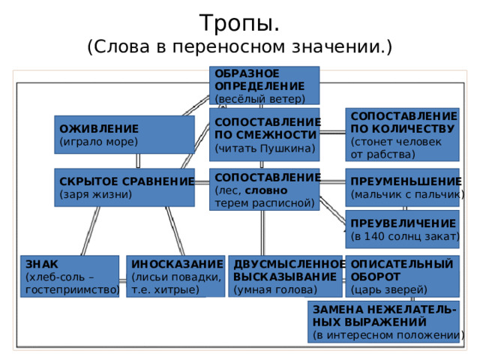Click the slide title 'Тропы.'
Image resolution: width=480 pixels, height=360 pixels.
[x=240, y=22]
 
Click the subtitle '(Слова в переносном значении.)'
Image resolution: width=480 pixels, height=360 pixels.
[x=240, y=47]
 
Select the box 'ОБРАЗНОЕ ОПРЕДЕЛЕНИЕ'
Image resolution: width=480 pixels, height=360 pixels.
[x=264, y=85]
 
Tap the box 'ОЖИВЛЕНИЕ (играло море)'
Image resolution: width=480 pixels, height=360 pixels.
[x=123, y=133]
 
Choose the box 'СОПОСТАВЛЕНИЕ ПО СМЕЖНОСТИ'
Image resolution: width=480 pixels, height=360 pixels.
[x=264, y=134]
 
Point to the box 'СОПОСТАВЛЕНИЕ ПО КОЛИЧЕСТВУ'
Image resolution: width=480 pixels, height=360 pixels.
[x=402, y=135]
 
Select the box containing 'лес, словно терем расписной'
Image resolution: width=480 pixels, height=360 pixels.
[x=264, y=190]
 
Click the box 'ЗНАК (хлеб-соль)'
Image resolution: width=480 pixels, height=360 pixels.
[x=70, y=276]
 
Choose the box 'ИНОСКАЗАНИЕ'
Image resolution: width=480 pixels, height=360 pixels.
[x=175, y=276]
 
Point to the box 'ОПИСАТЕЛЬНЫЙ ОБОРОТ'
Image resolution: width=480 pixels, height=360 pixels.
[x=402, y=276]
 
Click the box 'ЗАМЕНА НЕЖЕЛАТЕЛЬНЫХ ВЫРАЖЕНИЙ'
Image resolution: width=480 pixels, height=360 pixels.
[x=383, y=321]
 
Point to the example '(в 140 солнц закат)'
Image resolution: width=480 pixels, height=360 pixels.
[x=403, y=237]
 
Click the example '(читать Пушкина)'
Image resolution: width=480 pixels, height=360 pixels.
[x=264, y=148]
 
